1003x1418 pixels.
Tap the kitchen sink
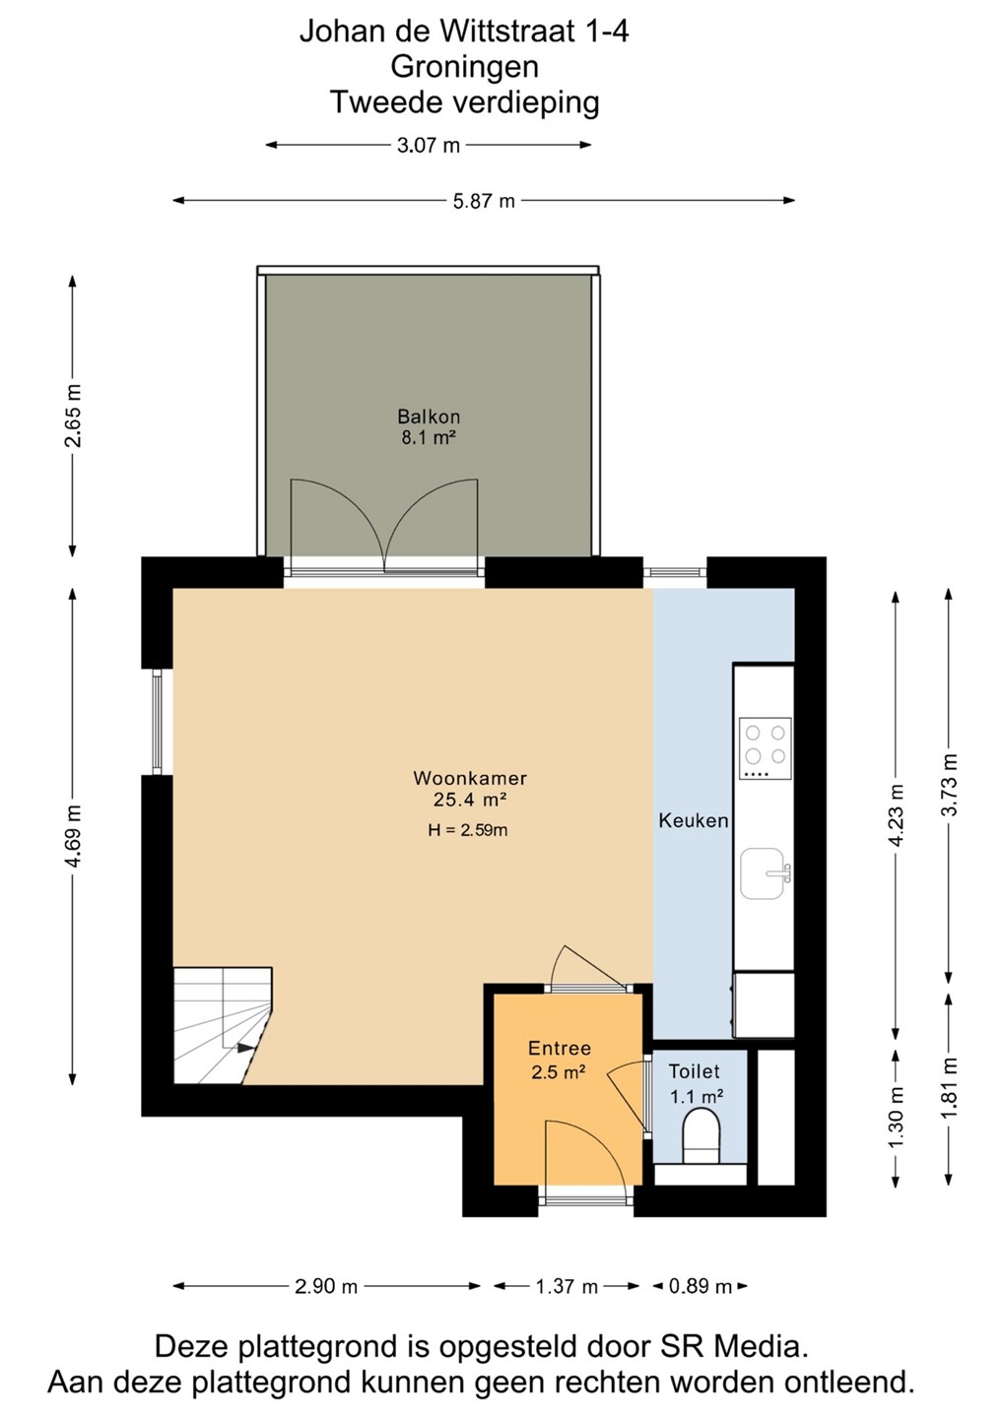765,873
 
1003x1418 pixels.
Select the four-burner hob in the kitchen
765,748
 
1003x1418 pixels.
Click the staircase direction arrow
246,1048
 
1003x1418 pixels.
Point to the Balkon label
428,417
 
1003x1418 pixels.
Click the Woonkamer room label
470,777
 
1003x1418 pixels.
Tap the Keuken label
694,821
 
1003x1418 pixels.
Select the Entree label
560,1049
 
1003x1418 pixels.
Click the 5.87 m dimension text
484,201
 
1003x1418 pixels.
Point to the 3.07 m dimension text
428,146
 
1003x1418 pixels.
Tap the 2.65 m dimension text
74,416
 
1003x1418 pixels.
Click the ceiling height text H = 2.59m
468,830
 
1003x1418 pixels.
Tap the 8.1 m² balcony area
429,438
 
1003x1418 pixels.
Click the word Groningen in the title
464,67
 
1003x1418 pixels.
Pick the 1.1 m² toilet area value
697,1096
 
